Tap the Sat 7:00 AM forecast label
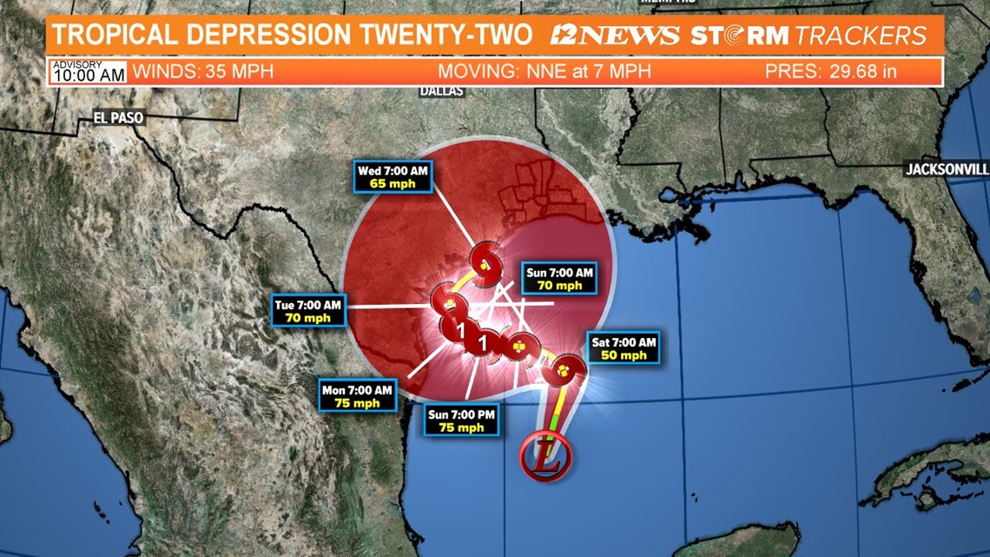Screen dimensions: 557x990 [x=623, y=348]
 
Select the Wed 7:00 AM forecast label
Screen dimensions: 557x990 [x=393, y=178]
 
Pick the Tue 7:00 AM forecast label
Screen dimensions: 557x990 [x=308, y=310]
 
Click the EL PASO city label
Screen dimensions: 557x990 [x=119, y=117]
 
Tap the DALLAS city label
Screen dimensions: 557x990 [x=441, y=90]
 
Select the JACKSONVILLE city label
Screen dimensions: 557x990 [x=947, y=169]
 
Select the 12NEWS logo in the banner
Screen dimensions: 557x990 [x=615, y=36]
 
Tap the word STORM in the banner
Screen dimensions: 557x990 [x=739, y=36]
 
